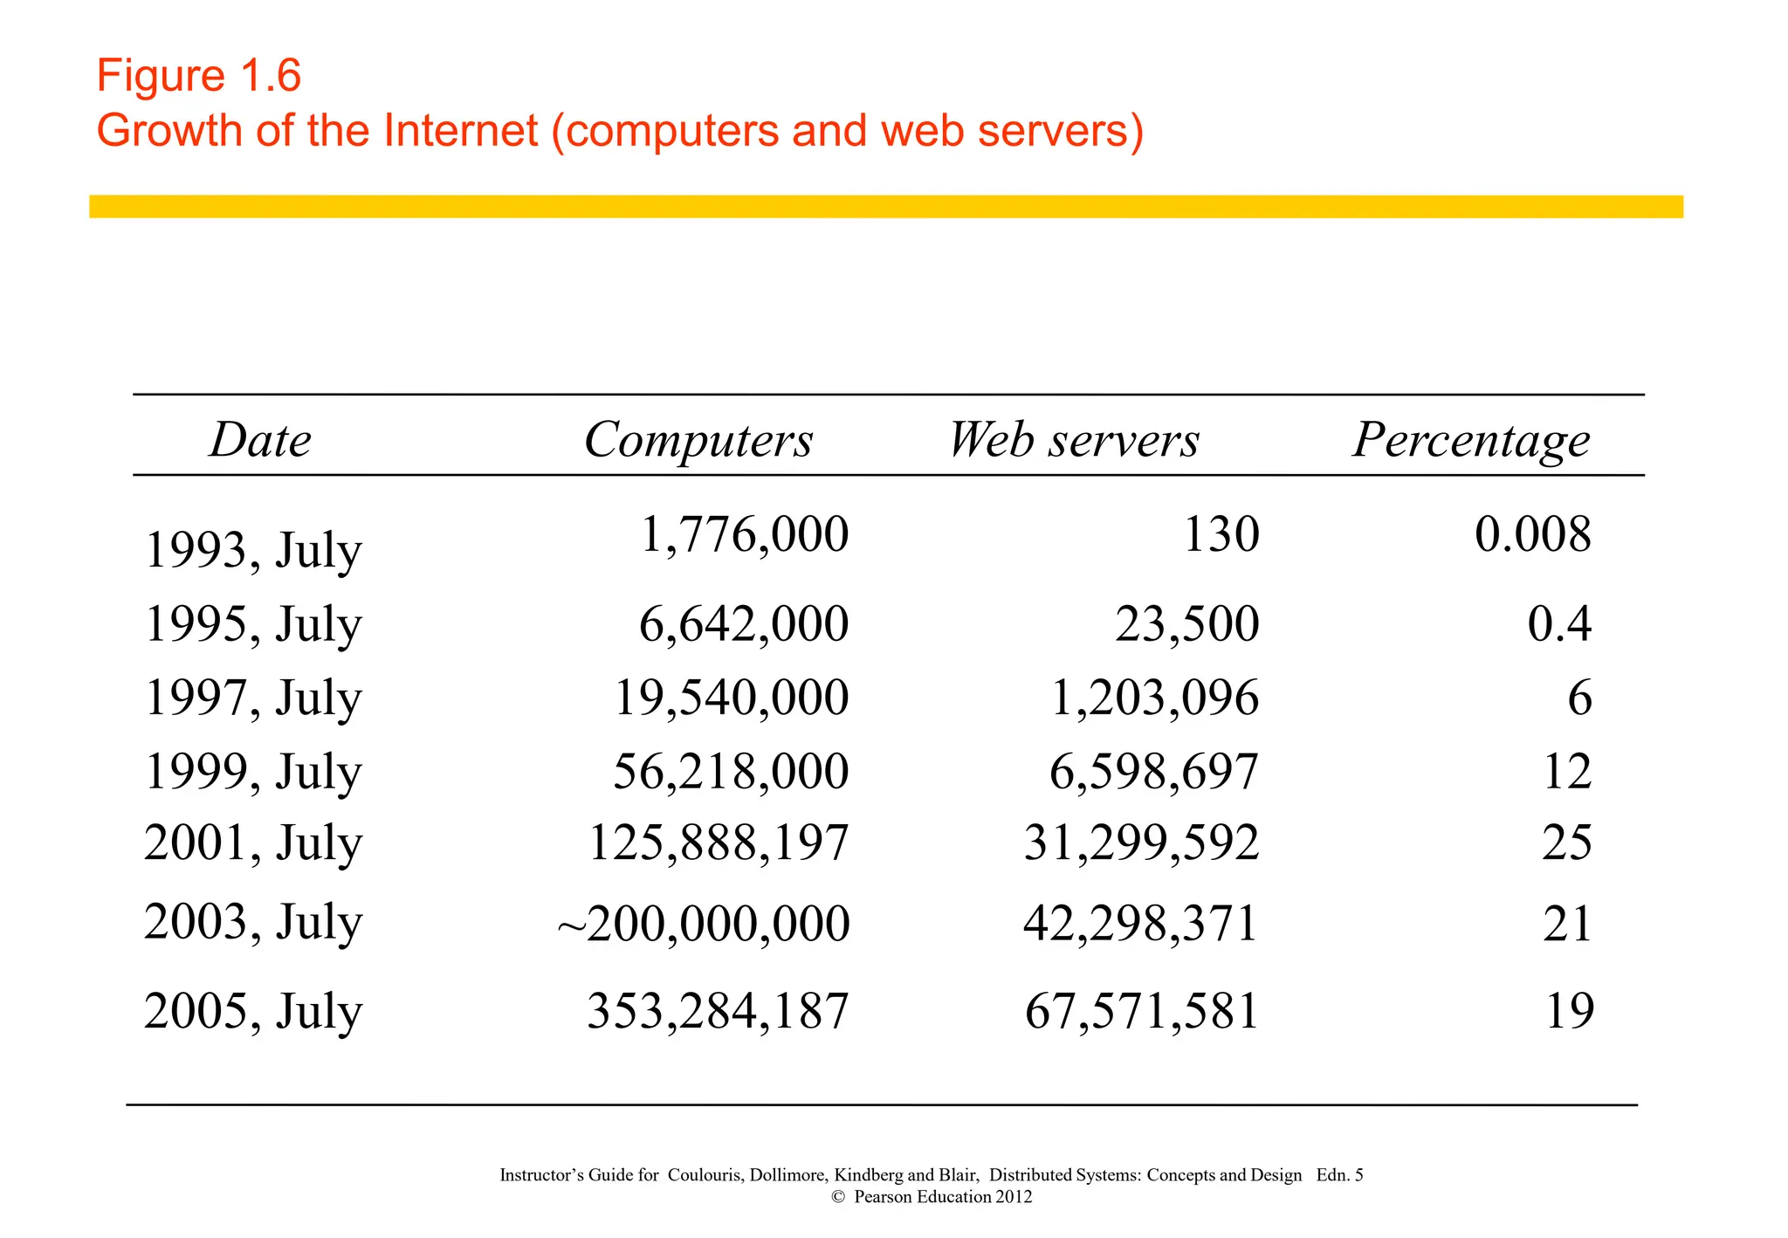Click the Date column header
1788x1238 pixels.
260,439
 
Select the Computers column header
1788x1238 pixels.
698,439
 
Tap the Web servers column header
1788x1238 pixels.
1074,439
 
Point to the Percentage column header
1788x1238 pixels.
1471,441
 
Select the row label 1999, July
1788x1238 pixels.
252,773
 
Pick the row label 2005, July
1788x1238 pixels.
252,1012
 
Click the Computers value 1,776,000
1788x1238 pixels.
744,534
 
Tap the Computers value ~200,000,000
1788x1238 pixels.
704,924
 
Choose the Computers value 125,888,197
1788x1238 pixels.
719,843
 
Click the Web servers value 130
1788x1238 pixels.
1221,534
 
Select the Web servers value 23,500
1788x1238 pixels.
1186,624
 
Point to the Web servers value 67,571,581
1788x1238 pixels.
1141,1012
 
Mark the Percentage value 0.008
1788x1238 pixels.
1532,534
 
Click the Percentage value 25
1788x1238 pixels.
1566,843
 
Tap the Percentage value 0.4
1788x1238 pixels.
1559,624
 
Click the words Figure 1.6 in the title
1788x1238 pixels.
199,75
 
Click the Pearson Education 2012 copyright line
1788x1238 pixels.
932,1197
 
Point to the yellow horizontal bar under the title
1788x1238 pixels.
885,207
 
